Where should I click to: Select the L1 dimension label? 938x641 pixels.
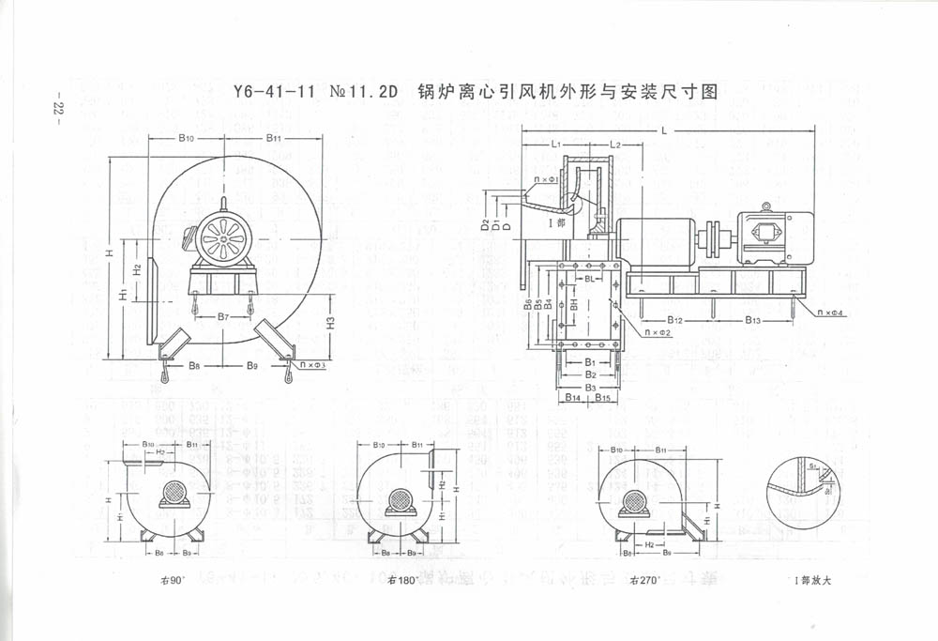[x=556, y=145]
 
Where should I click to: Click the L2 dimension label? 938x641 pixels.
[x=615, y=145]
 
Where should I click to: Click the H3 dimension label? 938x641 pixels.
[x=331, y=324]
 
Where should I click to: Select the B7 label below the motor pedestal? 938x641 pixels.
[x=223, y=317]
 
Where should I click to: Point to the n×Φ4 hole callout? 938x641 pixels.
[x=832, y=312]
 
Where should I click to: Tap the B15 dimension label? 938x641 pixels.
[x=603, y=399]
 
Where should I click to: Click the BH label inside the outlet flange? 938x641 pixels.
[x=574, y=305]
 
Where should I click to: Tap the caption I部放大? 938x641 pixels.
[x=809, y=580]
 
